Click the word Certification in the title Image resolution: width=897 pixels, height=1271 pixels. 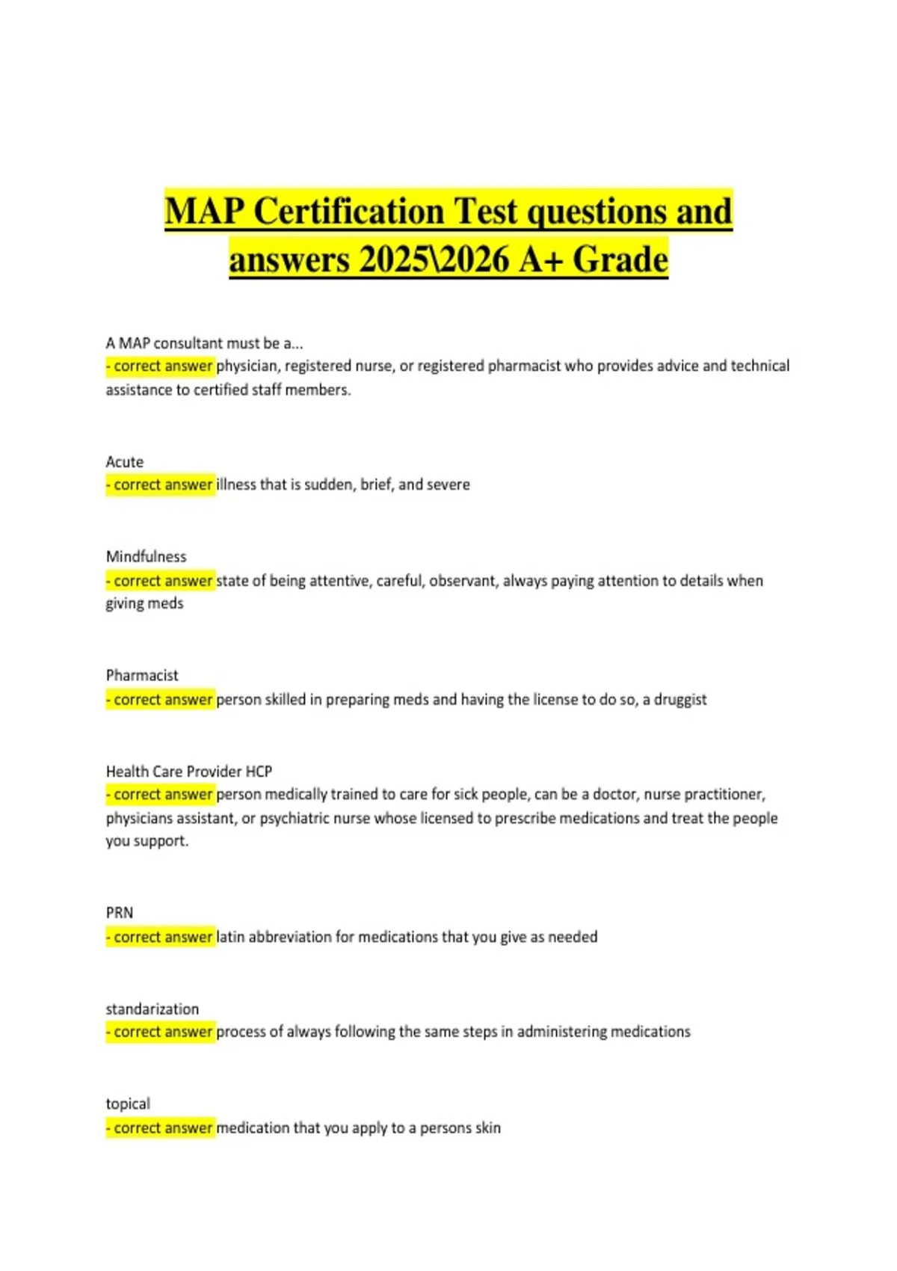[x=349, y=212]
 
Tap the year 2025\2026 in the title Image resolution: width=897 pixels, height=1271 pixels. [x=434, y=260]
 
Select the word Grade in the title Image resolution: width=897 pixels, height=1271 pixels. [x=620, y=260]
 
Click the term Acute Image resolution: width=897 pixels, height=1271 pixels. [x=124, y=462]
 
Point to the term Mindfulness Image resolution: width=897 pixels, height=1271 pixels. [x=146, y=557]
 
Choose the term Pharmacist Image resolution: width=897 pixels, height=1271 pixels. [x=142, y=676]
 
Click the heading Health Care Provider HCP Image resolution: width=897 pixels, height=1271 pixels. [x=188, y=772]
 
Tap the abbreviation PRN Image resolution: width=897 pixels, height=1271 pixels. [x=120, y=913]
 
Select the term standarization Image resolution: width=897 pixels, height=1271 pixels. [x=152, y=1009]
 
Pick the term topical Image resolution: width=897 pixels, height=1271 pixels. [x=128, y=1104]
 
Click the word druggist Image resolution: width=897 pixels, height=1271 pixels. [x=680, y=700]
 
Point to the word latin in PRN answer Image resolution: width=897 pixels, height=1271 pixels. [x=230, y=937]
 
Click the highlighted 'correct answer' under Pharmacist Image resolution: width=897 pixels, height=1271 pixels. [x=161, y=700]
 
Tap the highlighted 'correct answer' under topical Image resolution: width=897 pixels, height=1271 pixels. [x=161, y=1128]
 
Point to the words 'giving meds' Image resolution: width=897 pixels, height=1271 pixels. [x=144, y=604]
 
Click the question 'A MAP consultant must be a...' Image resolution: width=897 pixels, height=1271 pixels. [x=204, y=344]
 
